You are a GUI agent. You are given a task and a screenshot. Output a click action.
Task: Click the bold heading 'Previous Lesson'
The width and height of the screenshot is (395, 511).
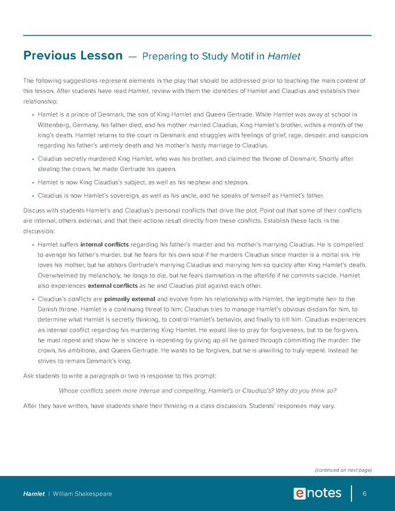73,56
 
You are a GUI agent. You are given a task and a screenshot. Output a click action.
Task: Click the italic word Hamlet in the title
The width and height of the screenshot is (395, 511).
284,57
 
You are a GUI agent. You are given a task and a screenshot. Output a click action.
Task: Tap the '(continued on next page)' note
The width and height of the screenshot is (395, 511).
343,469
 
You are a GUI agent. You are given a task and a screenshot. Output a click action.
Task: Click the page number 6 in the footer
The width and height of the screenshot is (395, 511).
364,494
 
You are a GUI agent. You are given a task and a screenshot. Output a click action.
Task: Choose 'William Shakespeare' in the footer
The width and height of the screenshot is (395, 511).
82,494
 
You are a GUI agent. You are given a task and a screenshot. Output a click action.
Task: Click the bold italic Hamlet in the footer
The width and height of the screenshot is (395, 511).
33,494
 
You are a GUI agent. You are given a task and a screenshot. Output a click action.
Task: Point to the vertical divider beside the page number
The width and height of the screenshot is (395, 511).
352,493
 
